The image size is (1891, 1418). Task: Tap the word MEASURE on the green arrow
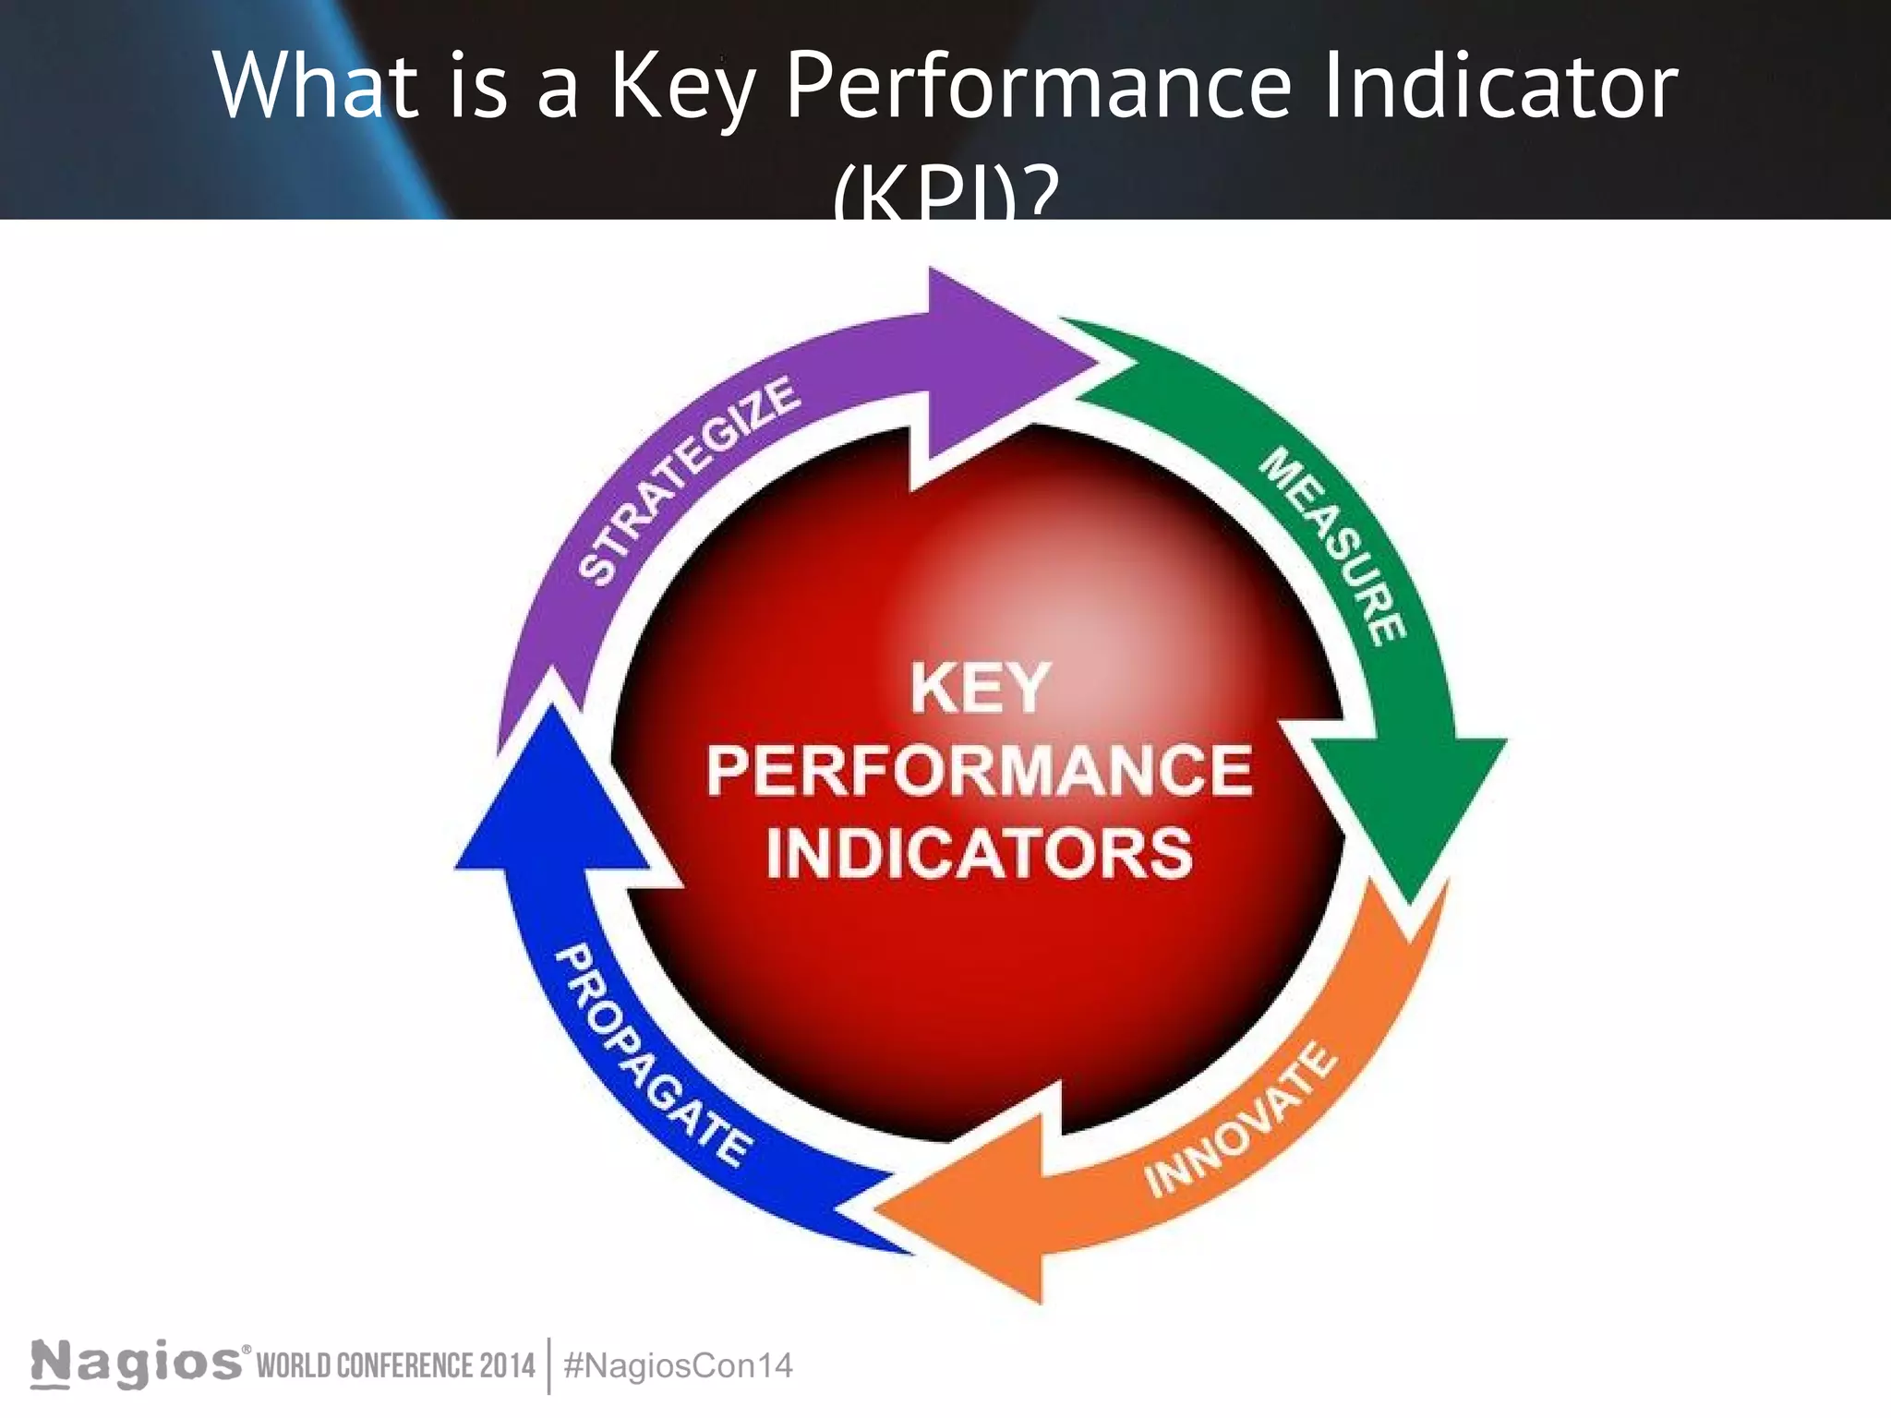[1334, 546]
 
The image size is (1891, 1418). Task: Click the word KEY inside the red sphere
[980, 689]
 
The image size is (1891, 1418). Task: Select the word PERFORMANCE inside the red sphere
[980, 771]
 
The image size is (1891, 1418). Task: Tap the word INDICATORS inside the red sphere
[980, 852]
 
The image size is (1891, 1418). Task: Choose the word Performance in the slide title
[1038, 85]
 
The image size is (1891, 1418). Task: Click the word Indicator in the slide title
[1501, 85]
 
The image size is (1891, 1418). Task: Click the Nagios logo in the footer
[139, 1364]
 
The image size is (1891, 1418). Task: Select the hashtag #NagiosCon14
[678, 1365]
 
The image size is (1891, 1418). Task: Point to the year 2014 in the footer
[507, 1365]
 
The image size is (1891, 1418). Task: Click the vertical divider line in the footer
[549, 1365]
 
